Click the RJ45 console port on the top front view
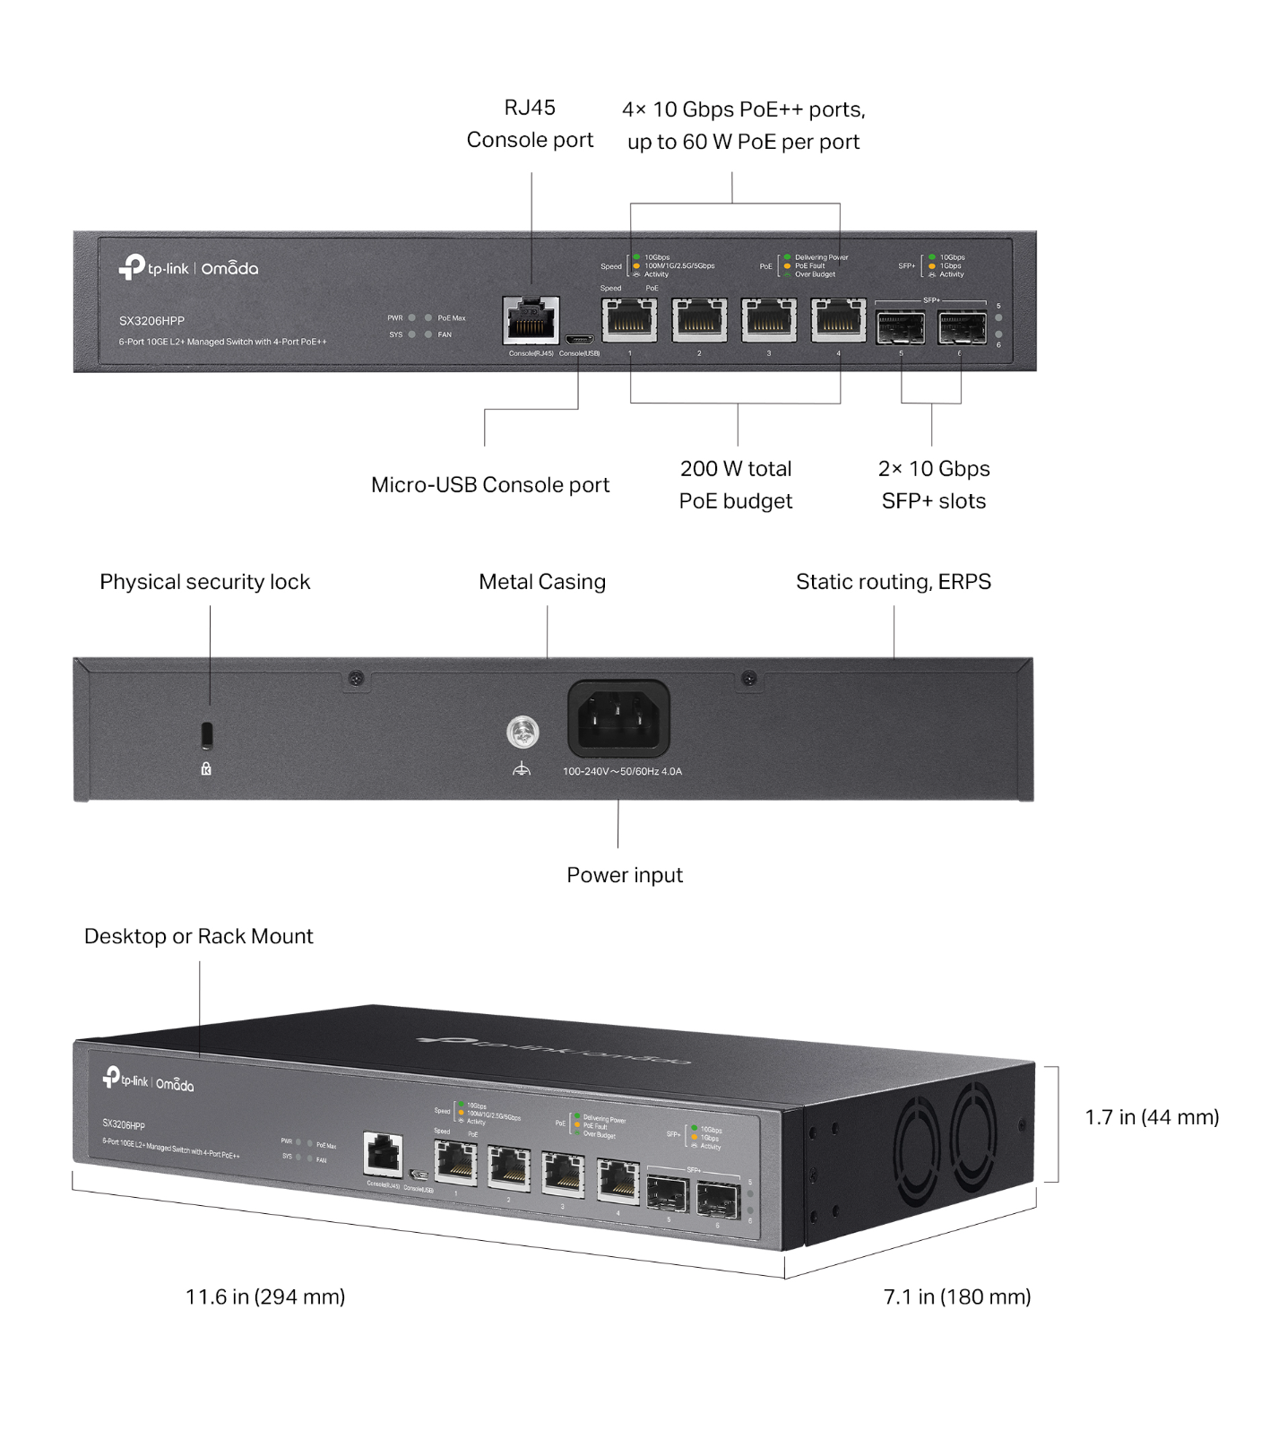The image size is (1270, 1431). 531,320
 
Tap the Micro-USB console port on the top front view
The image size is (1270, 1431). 578,340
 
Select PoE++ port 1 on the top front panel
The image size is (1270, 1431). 629,320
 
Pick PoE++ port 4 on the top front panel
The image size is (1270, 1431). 838,320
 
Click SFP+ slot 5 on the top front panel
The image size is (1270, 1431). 901,328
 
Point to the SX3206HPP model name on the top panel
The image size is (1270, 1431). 151,321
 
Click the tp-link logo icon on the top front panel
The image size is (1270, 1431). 132,266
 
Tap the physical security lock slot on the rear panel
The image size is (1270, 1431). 207,734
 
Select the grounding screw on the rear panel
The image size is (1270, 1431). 523,733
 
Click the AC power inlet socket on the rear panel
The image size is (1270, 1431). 618,719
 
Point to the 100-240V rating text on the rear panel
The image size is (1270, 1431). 622,771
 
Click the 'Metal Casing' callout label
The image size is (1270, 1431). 542,582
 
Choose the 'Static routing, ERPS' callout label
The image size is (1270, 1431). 893,582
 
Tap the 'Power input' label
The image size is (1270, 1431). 624,875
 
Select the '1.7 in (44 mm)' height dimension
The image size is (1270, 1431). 1152,1117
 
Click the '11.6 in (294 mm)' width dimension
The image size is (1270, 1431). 265,1297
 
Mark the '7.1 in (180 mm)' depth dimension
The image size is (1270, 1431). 956,1297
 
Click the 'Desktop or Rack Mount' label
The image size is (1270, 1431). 198,936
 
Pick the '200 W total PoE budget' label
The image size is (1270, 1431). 736,484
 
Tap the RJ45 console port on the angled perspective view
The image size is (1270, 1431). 384,1154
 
